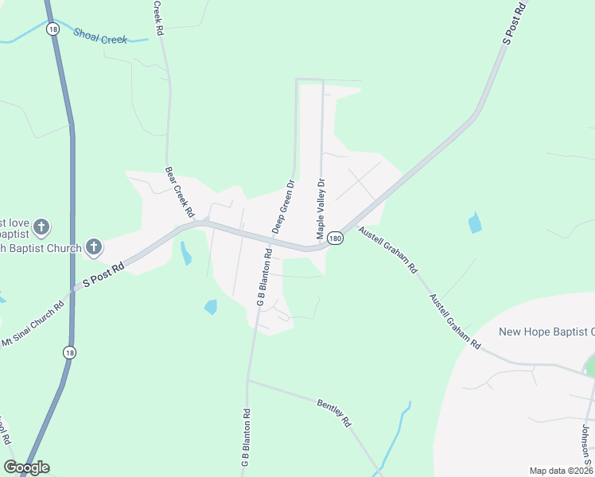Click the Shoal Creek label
[x=99, y=36]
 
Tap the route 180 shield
[x=335, y=238]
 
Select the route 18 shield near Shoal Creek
[x=52, y=29]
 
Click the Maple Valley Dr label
[x=321, y=208]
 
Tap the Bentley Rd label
[x=335, y=412]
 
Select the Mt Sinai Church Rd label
[x=33, y=324]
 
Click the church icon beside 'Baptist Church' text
[x=94, y=247]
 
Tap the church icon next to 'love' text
[x=42, y=227]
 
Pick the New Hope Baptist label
[x=546, y=332]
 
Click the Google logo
[x=26, y=467]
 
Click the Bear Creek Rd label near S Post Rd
[x=179, y=192]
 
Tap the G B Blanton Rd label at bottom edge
[x=247, y=437]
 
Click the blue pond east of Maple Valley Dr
[x=475, y=223]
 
